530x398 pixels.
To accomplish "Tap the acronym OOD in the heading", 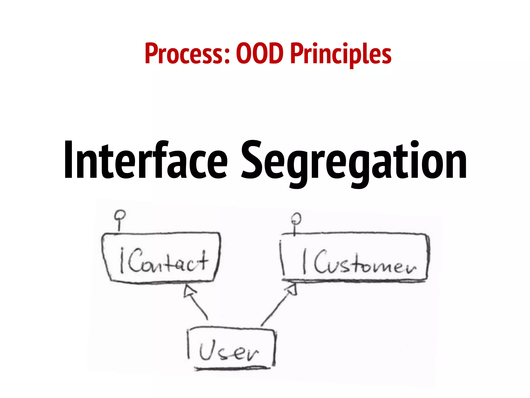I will [x=260, y=54].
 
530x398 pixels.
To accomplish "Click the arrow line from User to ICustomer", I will [x=276, y=308].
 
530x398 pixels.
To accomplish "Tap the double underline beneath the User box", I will [x=232, y=368].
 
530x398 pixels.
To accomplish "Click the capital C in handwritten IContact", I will [x=136, y=260].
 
